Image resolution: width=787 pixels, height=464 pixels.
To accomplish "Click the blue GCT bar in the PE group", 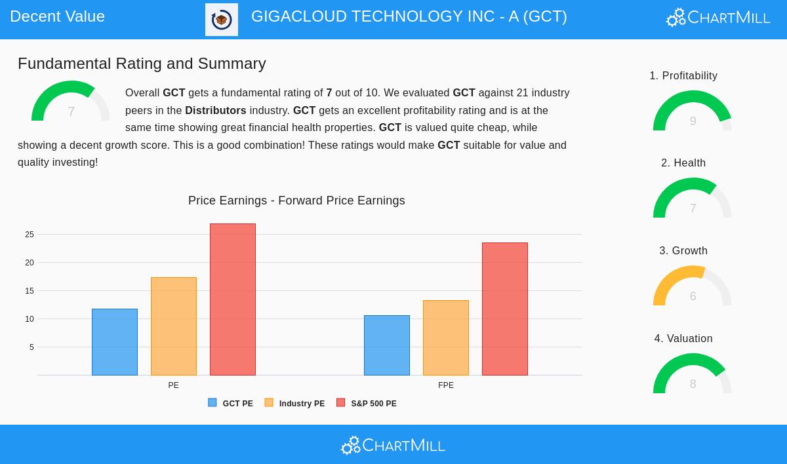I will pyautogui.click(x=115, y=342).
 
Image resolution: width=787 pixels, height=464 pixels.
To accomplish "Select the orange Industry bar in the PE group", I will pyautogui.click(x=174, y=326).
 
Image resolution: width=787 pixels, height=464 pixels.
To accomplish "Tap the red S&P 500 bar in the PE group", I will pyautogui.click(x=233, y=300).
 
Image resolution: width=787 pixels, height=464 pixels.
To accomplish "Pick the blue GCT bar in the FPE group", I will pyautogui.click(x=387, y=345).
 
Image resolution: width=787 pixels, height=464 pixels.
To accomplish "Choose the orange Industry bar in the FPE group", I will pyautogui.click(x=446, y=338).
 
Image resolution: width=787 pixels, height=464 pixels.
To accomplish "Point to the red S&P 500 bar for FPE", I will pyautogui.click(x=505, y=309).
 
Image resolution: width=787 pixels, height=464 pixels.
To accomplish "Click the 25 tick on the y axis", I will pyautogui.click(x=30, y=235).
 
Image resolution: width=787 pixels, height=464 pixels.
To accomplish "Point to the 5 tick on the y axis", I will pyautogui.click(x=31, y=347).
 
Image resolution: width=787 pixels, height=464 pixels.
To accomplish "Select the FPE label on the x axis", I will pyautogui.click(x=446, y=385).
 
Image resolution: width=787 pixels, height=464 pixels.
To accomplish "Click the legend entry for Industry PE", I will pyautogui.click(x=294, y=404).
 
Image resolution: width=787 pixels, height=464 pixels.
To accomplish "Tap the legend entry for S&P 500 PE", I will pyautogui.click(x=367, y=404).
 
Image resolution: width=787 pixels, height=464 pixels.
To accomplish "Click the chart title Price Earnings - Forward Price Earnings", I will pyautogui.click(x=296, y=201).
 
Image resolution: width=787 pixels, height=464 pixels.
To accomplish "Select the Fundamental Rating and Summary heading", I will pyautogui.click(x=142, y=64).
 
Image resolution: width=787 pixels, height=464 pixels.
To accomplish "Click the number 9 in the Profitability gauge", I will pyautogui.click(x=693, y=121).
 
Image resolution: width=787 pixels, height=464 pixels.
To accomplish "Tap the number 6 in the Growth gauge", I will pyautogui.click(x=693, y=296).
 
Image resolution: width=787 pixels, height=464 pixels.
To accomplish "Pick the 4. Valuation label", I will pyautogui.click(x=683, y=339).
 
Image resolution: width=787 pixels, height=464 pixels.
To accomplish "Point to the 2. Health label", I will pyautogui.click(x=683, y=163).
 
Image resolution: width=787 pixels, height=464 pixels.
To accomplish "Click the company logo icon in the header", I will pyautogui.click(x=222, y=20).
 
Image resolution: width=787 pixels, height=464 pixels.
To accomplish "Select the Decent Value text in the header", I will pyautogui.click(x=57, y=16).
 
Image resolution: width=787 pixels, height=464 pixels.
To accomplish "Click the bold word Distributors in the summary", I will pyautogui.click(x=216, y=111).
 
